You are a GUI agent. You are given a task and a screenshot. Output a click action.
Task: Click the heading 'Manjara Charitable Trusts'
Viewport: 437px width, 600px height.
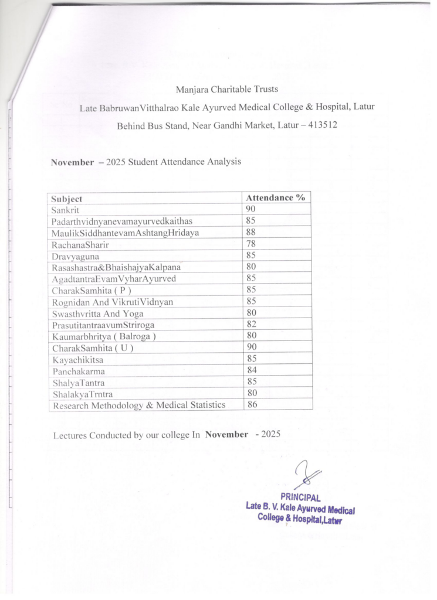tap(226, 90)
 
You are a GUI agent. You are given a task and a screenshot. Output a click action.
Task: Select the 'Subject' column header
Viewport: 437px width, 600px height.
tap(66, 198)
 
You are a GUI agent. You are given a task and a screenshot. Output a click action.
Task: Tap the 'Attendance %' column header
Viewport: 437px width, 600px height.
tap(275, 197)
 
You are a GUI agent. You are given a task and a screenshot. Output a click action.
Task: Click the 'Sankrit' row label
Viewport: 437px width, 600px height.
tap(65, 209)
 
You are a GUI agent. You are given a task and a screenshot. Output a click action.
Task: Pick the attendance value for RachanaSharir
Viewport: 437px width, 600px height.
tap(250, 244)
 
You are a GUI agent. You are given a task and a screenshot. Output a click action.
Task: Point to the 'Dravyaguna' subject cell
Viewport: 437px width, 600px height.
tap(74, 255)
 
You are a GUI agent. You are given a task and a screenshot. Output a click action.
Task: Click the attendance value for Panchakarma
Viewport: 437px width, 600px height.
tap(250, 370)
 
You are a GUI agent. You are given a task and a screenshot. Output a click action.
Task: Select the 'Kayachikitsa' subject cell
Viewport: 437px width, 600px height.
tap(76, 359)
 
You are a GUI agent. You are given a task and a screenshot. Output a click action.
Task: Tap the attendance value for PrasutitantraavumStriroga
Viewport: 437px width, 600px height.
tap(250, 324)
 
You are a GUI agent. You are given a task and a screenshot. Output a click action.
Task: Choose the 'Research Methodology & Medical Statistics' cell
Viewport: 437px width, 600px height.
tap(139, 405)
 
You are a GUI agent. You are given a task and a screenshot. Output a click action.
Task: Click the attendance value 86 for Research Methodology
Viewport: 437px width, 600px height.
tap(250, 404)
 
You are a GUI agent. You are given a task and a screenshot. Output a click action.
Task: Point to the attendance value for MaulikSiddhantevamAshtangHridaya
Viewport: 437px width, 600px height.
tap(250, 232)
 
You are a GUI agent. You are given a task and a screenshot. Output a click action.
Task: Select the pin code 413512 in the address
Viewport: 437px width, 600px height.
tap(321, 125)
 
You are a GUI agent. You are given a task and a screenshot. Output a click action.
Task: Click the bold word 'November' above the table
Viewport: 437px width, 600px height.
tap(72, 162)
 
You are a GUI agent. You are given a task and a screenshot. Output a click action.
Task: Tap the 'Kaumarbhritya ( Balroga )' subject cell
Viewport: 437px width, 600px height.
tap(104, 336)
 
